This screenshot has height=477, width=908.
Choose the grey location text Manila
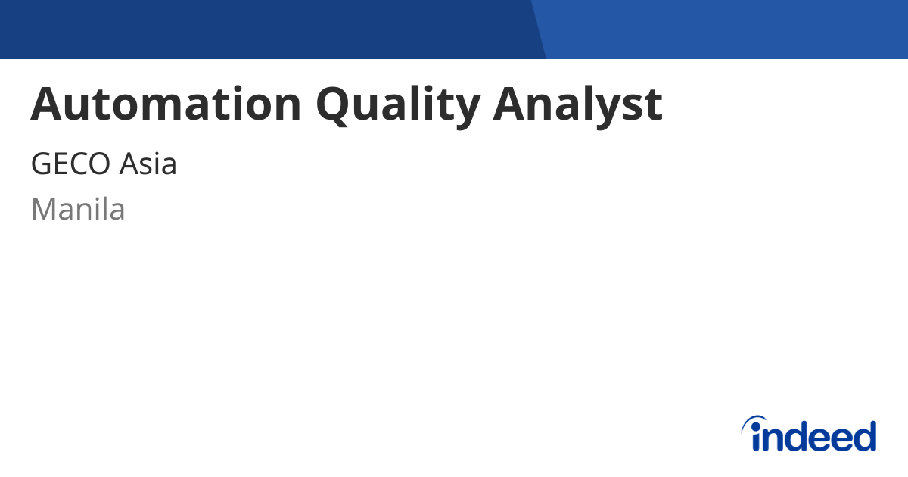click(78, 209)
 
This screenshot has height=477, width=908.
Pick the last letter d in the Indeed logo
click(863, 436)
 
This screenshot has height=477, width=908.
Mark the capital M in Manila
click(44, 209)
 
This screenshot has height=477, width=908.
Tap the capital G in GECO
click(42, 164)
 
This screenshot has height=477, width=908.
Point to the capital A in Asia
click(129, 164)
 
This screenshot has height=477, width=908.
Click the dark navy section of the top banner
click(265, 29)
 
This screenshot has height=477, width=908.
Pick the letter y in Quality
click(466, 110)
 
